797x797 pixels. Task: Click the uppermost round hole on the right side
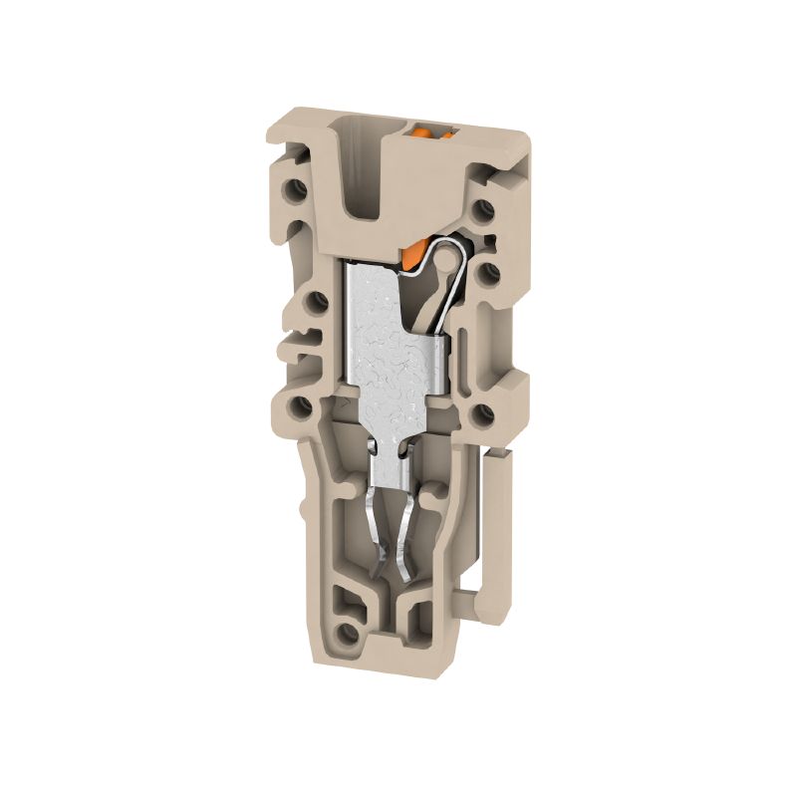tap(483, 210)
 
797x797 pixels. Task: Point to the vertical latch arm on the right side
tap(498, 528)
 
